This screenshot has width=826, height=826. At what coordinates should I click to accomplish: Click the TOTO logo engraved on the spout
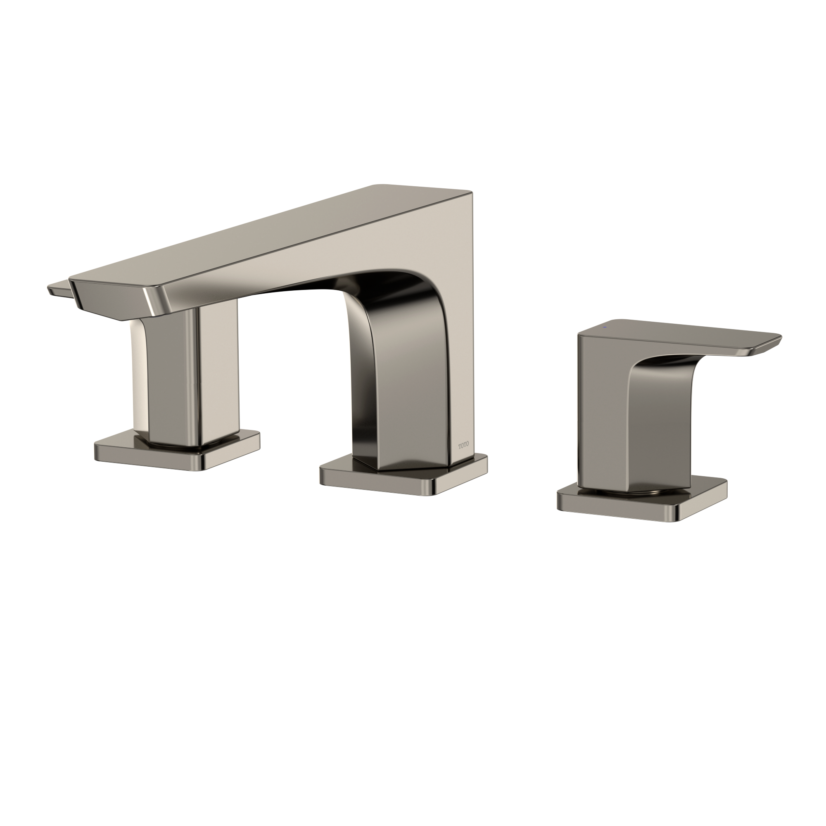(463, 445)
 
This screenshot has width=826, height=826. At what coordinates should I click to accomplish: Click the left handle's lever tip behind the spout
(58, 289)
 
